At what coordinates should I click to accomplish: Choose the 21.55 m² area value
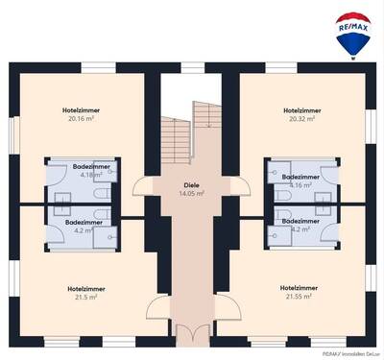[300, 297]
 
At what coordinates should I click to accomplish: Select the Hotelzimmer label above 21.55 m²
[300, 288]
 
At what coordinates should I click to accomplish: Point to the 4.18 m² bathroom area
[92, 176]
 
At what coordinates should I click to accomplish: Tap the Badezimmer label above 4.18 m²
[92, 167]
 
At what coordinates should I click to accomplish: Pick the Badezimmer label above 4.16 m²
[301, 177]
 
